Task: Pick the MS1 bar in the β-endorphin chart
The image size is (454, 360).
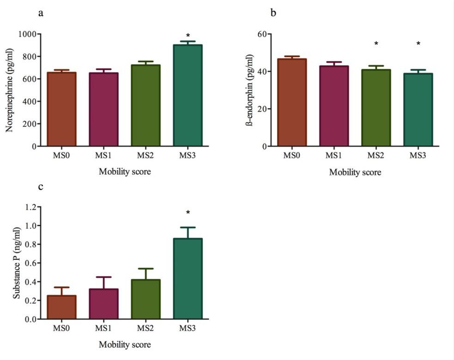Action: tap(334, 106)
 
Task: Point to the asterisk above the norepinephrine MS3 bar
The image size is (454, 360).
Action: tap(188, 36)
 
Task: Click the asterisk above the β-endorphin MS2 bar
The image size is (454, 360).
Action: tap(376, 44)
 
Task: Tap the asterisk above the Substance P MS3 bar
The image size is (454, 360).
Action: tap(188, 213)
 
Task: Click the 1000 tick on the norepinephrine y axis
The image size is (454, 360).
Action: tap(28, 34)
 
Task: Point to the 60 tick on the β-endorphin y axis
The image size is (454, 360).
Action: tap(263, 34)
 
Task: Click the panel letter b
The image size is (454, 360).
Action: tap(273, 13)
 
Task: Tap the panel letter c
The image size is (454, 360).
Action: tap(41, 187)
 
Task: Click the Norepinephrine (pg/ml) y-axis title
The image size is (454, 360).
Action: tap(9, 90)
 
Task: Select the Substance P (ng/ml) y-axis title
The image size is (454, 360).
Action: tap(17, 263)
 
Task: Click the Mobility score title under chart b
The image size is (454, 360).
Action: tap(355, 173)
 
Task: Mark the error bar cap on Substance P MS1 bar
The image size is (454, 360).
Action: tap(103, 277)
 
